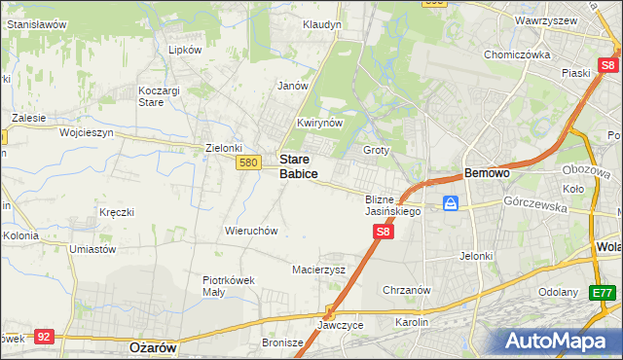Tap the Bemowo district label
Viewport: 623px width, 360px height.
coord(487,172)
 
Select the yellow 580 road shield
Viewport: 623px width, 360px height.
coord(247,163)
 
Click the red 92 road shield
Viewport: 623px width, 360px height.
coord(43,337)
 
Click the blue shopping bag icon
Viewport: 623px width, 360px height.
coord(451,203)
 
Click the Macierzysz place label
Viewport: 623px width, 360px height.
coord(318,270)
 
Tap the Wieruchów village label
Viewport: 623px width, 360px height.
coord(252,231)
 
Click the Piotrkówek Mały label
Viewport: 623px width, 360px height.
coord(228,285)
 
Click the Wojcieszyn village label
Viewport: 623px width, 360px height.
coord(87,131)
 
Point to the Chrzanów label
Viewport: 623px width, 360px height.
coord(406,290)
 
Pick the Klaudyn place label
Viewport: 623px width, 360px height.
coord(321,23)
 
